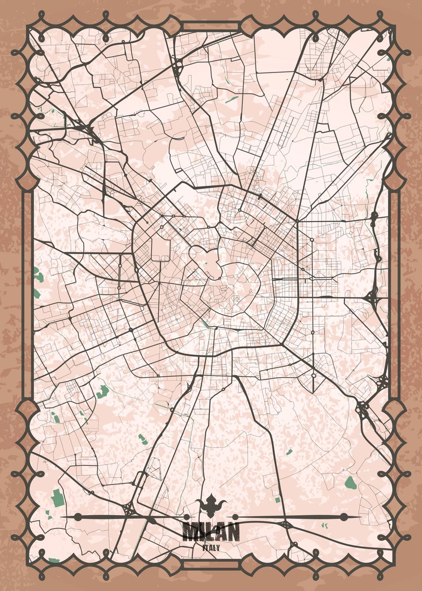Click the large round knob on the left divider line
pyautogui.click(x=78, y=517)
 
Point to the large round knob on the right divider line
pyautogui.click(x=343, y=517)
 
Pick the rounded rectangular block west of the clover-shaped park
pyautogui.click(x=160, y=246)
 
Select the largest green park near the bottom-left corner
pyautogui.click(x=58, y=498)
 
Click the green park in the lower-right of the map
pyautogui.click(x=350, y=482)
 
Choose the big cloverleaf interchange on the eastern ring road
pyautogui.click(x=370, y=297)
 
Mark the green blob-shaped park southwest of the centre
pyautogui.click(x=103, y=392)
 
